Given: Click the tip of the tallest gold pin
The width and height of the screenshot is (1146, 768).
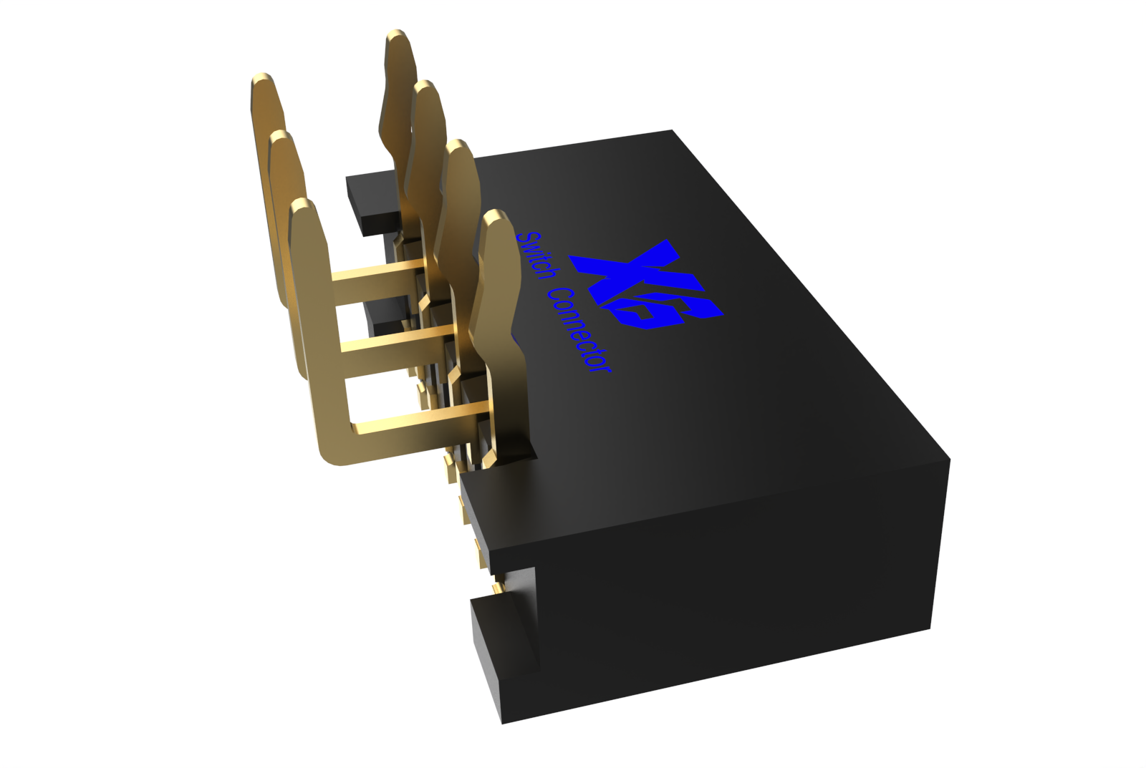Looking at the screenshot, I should (397, 36).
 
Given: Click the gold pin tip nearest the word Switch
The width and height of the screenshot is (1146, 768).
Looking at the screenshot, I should (493, 216).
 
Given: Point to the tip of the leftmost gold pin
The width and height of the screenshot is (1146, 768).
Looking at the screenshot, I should (263, 79).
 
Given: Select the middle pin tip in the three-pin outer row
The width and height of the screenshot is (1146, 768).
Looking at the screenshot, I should (281, 136).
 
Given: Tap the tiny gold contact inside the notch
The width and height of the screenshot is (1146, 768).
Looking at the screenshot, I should (496, 588).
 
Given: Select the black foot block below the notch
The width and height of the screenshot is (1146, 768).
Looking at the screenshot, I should (501, 658).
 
